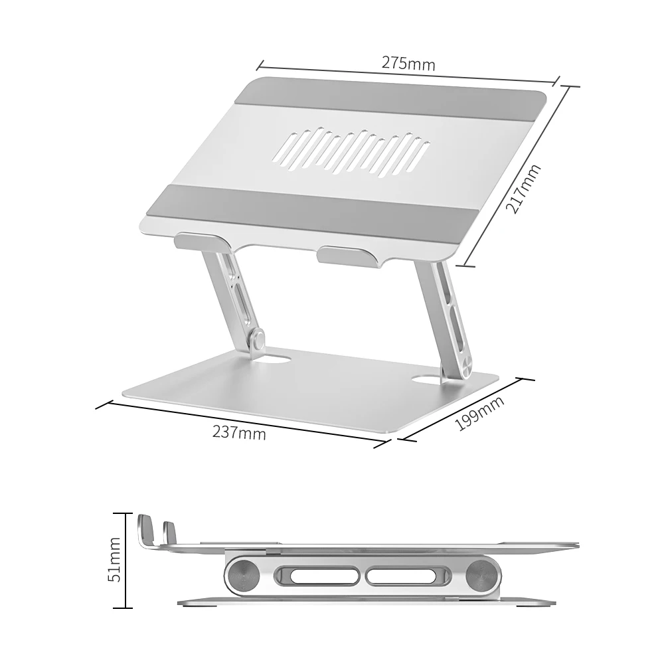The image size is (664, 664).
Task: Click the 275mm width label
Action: (x=408, y=64)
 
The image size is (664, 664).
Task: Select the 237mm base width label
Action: (x=239, y=432)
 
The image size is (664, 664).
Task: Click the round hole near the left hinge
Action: (x=280, y=361)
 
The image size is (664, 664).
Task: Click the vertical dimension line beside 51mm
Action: (x=125, y=560)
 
